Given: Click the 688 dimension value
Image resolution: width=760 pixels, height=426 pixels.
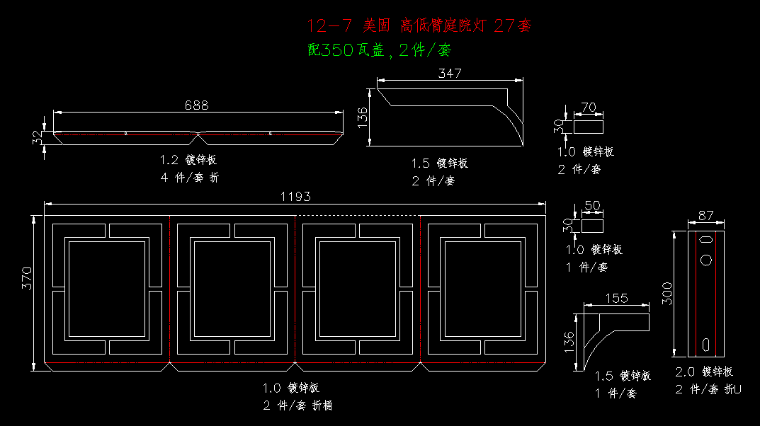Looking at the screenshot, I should pyautogui.click(x=196, y=105).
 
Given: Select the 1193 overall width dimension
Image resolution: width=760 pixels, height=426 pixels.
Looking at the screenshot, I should pyautogui.click(x=295, y=197).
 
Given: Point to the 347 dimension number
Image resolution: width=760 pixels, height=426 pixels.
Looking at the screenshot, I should pyautogui.click(x=450, y=73).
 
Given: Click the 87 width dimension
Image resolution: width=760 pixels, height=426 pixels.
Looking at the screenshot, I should pyautogui.click(x=705, y=216).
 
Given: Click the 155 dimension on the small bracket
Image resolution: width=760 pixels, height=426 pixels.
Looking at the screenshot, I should pyautogui.click(x=616, y=298).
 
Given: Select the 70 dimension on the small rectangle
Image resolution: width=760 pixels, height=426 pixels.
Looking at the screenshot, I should pyautogui.click(x=588, y=108).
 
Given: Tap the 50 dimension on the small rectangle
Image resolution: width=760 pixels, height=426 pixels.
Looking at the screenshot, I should pyautogui.click(x=591, y=206).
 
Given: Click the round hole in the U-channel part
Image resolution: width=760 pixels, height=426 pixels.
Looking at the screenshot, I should pyautogui.click(x=706, y=259).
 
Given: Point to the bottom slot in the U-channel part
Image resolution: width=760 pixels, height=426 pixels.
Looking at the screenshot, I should pyautogui.click(x=706, y=344).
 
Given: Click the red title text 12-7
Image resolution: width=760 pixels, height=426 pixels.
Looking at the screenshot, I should pyautogui.click(x=329, y=26).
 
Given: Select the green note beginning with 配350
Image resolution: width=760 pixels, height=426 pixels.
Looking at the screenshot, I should pyautogui.click(x=380, y=50).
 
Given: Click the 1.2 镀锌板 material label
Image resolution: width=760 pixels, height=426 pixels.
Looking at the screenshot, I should pyautogui.click(x=188, y=160).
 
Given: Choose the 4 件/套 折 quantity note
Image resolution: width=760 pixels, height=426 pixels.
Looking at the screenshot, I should pyautogui.click(x=189, y=178).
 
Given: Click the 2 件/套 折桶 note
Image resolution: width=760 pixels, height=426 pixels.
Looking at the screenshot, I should pyautogui.click(x=297, y=405).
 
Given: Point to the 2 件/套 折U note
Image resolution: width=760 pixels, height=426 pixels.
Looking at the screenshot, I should pyautogui.click(x=708, y=389).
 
